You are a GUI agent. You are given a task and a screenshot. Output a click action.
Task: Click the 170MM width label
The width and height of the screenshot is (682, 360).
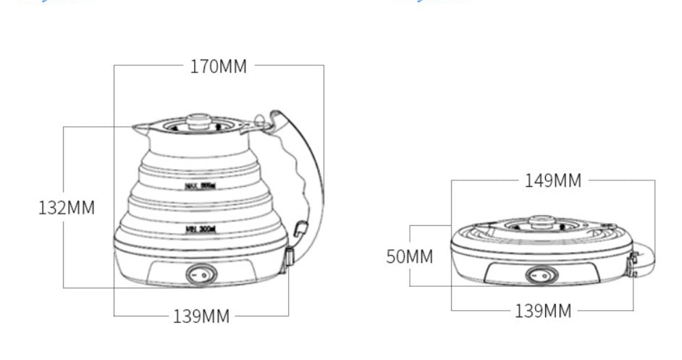219,67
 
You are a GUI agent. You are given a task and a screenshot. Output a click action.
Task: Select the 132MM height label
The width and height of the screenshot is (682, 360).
66,208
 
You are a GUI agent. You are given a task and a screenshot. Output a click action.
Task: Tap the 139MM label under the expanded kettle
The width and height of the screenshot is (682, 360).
201,316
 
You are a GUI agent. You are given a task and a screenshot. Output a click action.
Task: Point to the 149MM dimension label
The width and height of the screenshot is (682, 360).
552,181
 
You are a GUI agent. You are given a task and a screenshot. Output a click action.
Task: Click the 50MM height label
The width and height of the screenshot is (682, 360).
409,256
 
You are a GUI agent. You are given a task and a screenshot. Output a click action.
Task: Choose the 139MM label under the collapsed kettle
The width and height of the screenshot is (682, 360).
542,311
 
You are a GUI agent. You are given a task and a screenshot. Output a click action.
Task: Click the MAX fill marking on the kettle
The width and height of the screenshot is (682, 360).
201,186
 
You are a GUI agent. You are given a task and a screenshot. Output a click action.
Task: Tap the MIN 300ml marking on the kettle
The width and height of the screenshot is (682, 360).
201,229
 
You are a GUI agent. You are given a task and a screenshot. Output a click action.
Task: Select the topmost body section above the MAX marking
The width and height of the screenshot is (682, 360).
201,155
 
